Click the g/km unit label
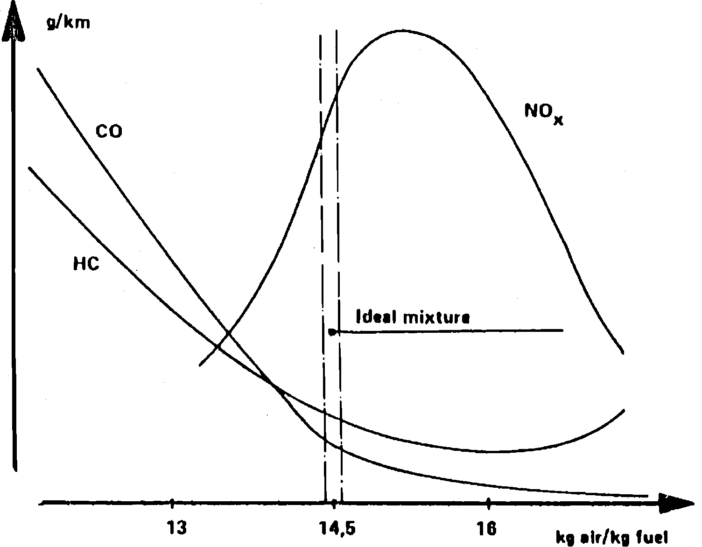coord(68,22)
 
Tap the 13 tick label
coord(176,528)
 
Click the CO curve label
coord(109,131)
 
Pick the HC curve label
coord(86,264)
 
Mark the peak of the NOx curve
coord(401,31)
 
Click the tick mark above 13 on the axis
coord(172,503)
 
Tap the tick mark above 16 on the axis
coord(488,503)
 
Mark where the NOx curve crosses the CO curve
coord(228,333)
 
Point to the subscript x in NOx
coord(558,120)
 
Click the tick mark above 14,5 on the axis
coord(334,503)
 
